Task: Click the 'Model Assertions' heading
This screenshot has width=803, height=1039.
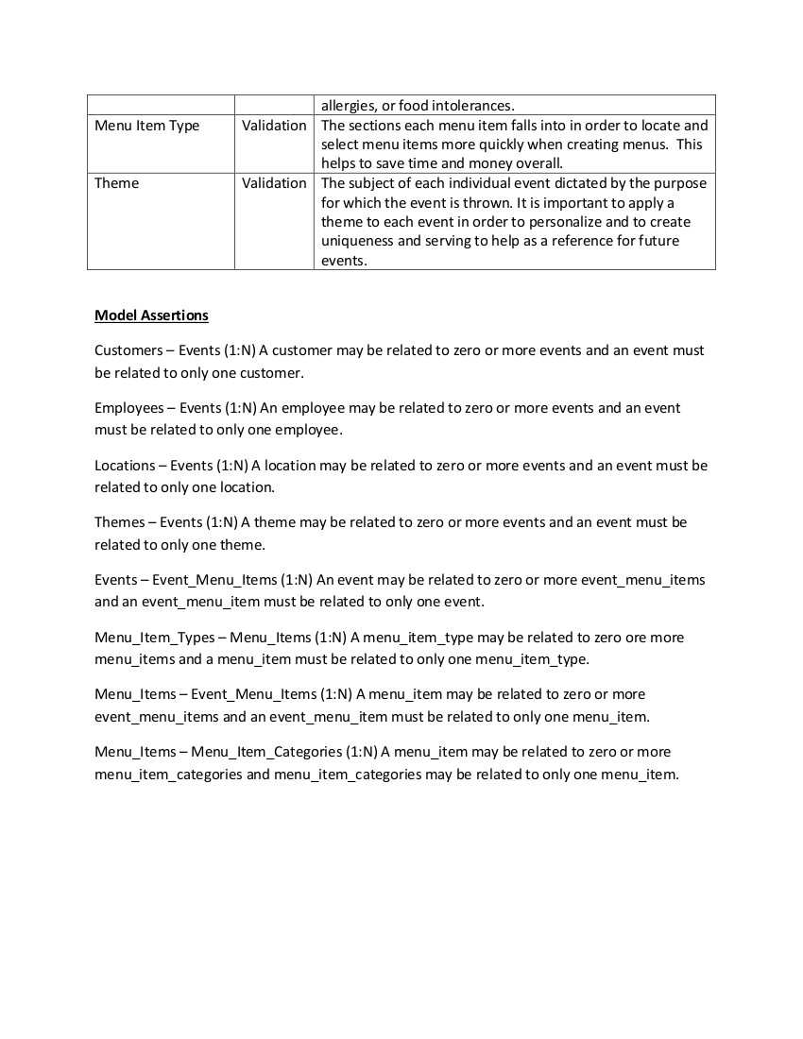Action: [x=151, y=315]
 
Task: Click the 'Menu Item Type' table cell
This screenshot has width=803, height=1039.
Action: [x=146, y=126]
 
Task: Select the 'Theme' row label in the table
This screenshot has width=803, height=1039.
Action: [x=116, y=183]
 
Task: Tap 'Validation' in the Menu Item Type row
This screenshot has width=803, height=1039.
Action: [x=274, y=126]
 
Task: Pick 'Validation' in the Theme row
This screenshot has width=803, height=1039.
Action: [x=274, y=183]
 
